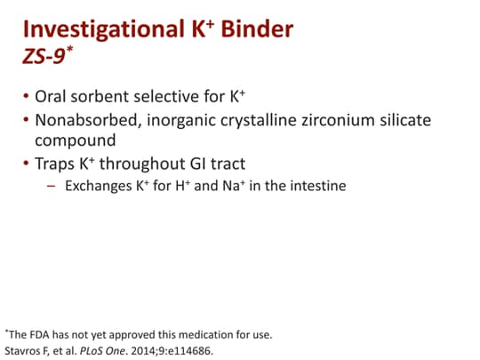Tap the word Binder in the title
[x=253, y=31]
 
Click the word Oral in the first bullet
[x=52, y=94]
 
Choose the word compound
[x=74, y=140]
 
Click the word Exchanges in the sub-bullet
[x=99, y=187]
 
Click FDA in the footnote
[x=40, y=334]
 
